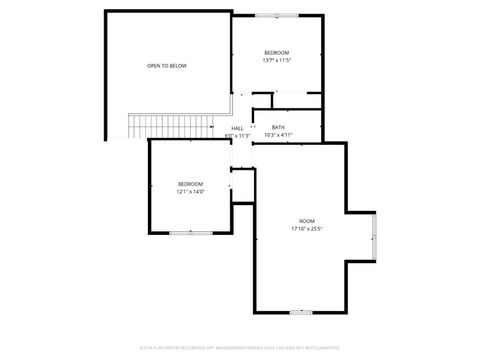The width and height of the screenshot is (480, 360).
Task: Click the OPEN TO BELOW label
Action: click(167, 66)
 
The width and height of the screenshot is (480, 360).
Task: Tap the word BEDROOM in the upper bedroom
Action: click(276, 52)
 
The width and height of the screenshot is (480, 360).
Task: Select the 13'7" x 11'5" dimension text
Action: click(276, 60)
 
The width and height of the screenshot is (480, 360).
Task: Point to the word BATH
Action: click(278, 127)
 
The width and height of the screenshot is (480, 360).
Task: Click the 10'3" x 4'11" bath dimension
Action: click(278, 135)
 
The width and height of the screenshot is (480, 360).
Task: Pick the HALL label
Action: click(238, 128)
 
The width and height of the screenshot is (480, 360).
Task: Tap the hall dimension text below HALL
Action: click(238, 135)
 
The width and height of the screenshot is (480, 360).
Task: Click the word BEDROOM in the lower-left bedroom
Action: click(190, 184)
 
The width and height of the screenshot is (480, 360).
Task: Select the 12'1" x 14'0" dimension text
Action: click(190, 192)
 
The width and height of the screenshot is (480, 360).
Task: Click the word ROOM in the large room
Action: click(306, 220)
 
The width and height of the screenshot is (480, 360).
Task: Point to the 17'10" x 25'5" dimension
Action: click(306, 228)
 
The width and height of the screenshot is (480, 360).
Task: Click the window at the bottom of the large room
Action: click(301, 312)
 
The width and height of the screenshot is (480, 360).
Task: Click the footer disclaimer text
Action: click(239, 347)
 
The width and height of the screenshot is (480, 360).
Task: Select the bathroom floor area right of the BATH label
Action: click(305, 130)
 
